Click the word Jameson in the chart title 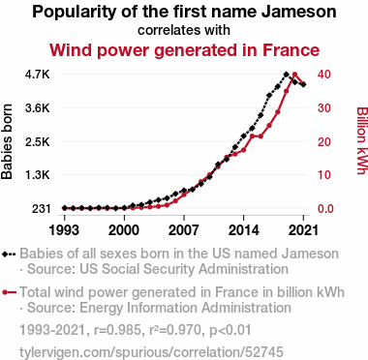click(298, 12)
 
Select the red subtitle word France click(291, 50)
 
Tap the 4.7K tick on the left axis click(38, 75)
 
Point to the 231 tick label click(41, 209)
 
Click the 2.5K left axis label click(38, 141)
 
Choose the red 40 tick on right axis click(323, 75)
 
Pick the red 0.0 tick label click(324, 209)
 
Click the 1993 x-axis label click(64, 230)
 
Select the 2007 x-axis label click(184, 230)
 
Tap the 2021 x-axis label click(303, 230)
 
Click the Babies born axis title click(7, 141)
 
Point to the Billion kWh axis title click(362, 140)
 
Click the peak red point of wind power click(294, 75)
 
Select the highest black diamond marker click(286, 75)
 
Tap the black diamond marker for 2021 click(303, 84)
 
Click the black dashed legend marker click(9, 254)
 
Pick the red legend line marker click(9, 292)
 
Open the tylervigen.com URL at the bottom click(151, 352)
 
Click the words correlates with click(184, 30)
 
